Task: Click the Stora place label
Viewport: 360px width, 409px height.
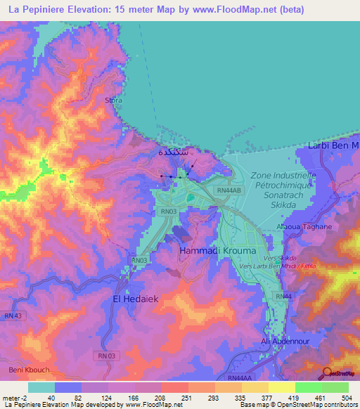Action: (x=113, y=100)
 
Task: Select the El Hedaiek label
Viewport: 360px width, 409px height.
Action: (x=139, y=299)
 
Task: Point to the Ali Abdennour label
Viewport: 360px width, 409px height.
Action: (x=286, y=341)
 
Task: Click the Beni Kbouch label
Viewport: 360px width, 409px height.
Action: (x=26, y=369)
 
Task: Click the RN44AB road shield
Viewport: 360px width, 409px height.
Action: (x=229, y=190)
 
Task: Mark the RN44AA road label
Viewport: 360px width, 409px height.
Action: (x=239, y=378)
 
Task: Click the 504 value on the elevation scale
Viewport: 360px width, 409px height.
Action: (x=347, y=397)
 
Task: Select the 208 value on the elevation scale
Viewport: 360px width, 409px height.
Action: (x=161, y=397)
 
